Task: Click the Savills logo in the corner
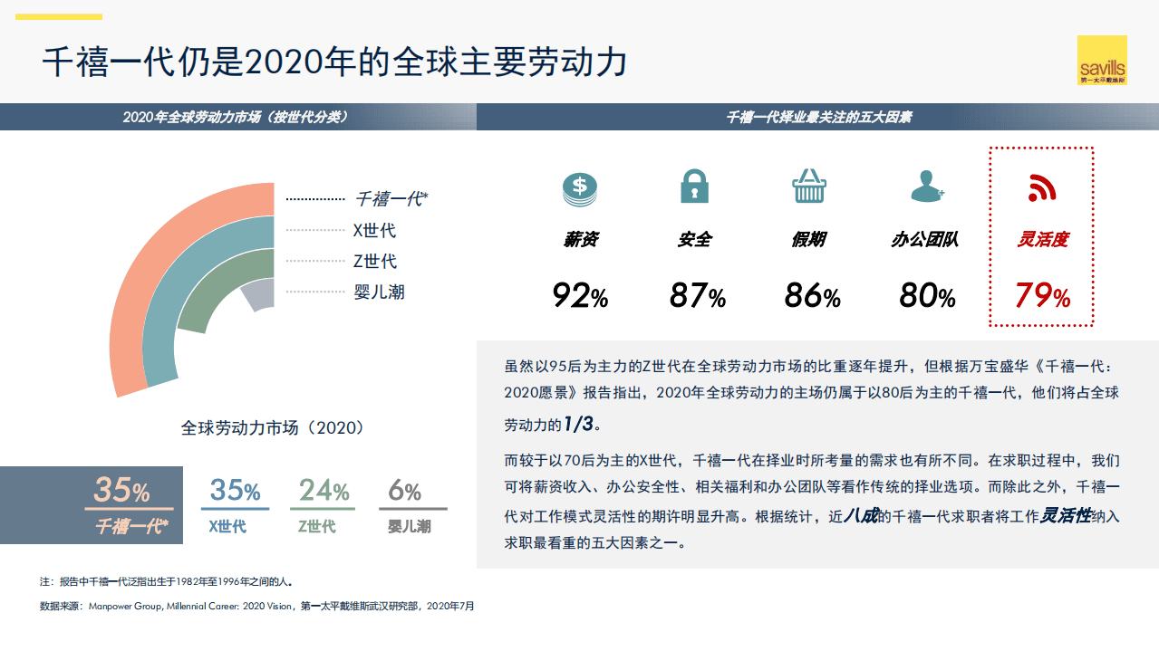pos(1102,60)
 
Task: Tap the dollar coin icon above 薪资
pos(580,187)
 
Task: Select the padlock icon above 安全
pos(695,186)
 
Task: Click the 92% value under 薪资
pos(580,295)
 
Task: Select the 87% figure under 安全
pos(697,295)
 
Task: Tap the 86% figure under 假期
pos(812,295)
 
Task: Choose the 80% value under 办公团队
pos(927,295)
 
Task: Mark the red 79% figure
pos(1042,295)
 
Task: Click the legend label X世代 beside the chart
pos(374,231)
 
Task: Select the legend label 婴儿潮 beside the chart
pos(379,292)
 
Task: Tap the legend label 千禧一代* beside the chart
pos(390,199)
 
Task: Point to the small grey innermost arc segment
pos(258,295)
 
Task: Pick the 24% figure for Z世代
pos(324,491)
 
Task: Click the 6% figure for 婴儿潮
pos(404,491)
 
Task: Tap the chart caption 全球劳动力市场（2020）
pos(272,427)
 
